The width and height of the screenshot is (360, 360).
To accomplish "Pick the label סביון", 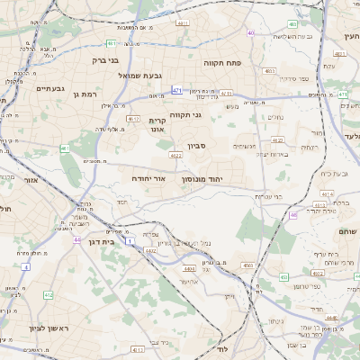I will (197, 145).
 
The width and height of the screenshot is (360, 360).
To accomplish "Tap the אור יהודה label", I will (149, 179).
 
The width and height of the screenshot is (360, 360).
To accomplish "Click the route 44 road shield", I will (77, 240).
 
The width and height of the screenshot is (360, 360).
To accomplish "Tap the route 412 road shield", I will (48, 295).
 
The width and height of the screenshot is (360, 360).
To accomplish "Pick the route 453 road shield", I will (283, 277).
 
